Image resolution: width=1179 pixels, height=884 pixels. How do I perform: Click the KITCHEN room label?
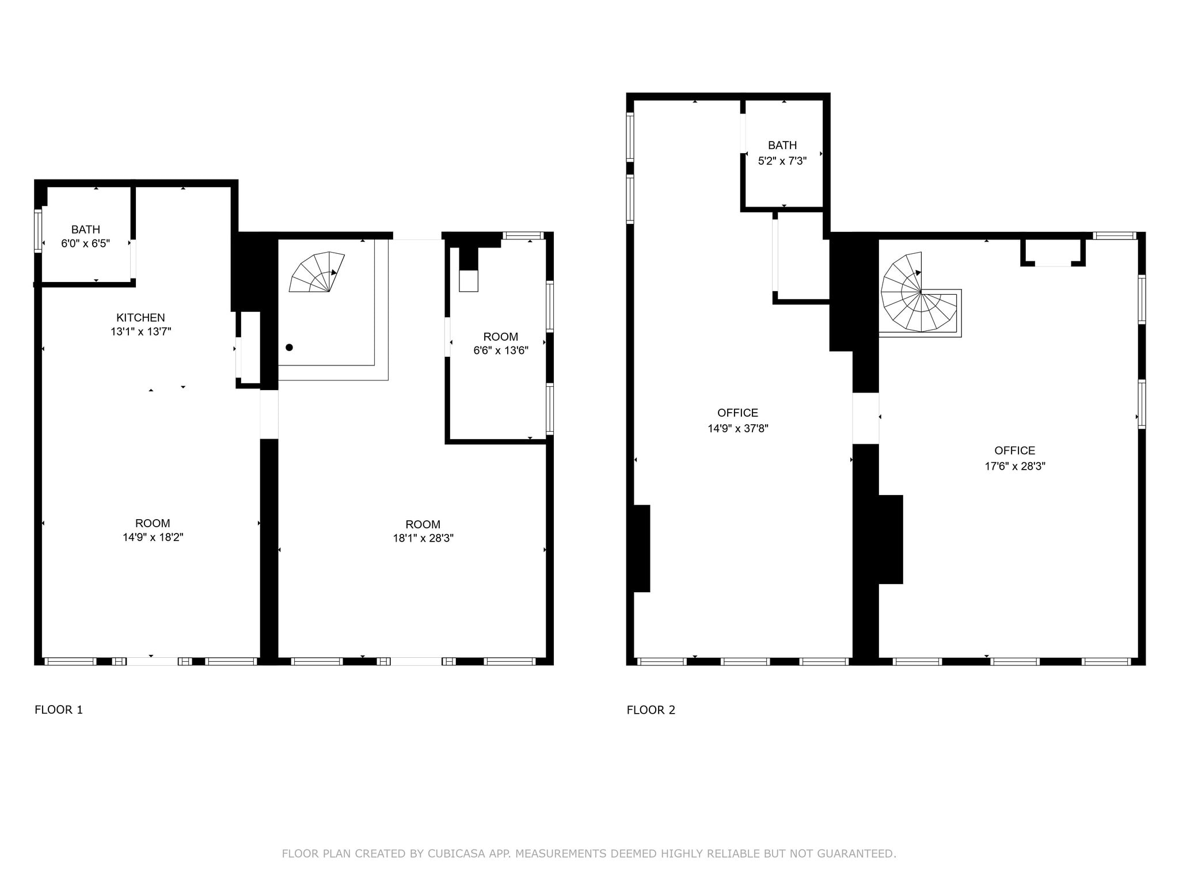click(x=140, y=318)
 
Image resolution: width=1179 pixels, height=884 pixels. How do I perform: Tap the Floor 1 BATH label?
click(x=86, y=230)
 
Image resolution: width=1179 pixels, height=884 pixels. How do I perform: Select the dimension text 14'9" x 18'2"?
click(x=153, y=538)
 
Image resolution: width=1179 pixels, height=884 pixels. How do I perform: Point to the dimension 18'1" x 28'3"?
click(x=423, y=539)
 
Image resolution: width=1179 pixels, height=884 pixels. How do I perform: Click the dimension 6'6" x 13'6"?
click(x=501, y=350)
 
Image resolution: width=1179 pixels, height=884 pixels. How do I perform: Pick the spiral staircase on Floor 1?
click(x=317, y=272)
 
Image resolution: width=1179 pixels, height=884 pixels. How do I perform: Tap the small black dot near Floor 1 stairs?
click(x=290, y=348)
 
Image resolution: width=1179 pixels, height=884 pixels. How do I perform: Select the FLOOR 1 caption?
click(x=59, y=710)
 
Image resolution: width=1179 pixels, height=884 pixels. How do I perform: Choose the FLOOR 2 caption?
click(x=651, y=710)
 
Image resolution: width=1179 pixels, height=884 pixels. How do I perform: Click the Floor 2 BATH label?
click(x=782, y=146)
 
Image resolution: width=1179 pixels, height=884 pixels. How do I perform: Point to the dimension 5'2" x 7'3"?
click(x=782, y=161)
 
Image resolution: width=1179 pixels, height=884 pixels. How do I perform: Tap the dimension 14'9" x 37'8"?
click(x=738, y=429)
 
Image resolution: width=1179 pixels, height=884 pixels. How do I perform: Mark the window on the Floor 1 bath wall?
click(x=39, y=231)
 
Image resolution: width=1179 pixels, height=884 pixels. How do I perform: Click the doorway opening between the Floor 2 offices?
click(x=866, y=418)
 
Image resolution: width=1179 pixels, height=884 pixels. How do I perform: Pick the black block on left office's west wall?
click(x=642, y=548)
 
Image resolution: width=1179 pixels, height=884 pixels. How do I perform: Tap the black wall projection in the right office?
click(x=891, y=539)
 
